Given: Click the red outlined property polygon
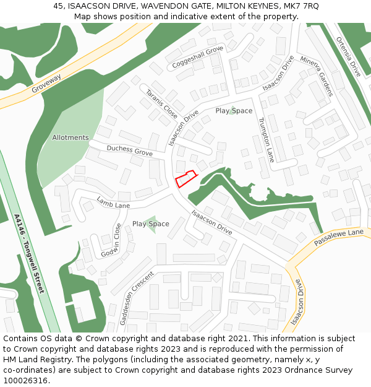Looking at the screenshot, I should point(185,178).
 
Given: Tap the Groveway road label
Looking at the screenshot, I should point(47,84).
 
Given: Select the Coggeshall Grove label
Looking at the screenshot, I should point(198,57).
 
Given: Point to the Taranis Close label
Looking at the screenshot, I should point(161,104).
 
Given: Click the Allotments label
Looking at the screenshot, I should point(70,137).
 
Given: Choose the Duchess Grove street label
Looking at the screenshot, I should point(129,150).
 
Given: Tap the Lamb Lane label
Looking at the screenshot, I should point(113,202).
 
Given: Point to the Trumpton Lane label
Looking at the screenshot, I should point(266,139).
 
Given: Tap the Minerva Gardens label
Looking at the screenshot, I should point(317,76).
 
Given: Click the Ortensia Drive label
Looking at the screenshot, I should point(348,56).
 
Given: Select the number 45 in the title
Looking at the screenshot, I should point(58,6).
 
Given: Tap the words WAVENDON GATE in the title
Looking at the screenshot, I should point(176,6).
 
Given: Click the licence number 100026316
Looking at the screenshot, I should point(26,381).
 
